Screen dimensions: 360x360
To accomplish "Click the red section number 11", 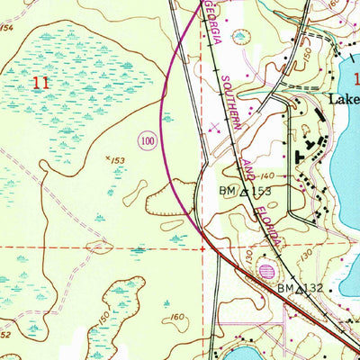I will (x=40, y=82).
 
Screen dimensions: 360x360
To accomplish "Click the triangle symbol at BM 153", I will (x=243, y=192).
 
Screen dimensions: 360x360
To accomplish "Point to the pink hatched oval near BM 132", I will (x=265, y=270).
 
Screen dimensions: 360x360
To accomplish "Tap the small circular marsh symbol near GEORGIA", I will (x=240, y=37).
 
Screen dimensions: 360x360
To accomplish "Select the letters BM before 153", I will (x=227, y=192).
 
